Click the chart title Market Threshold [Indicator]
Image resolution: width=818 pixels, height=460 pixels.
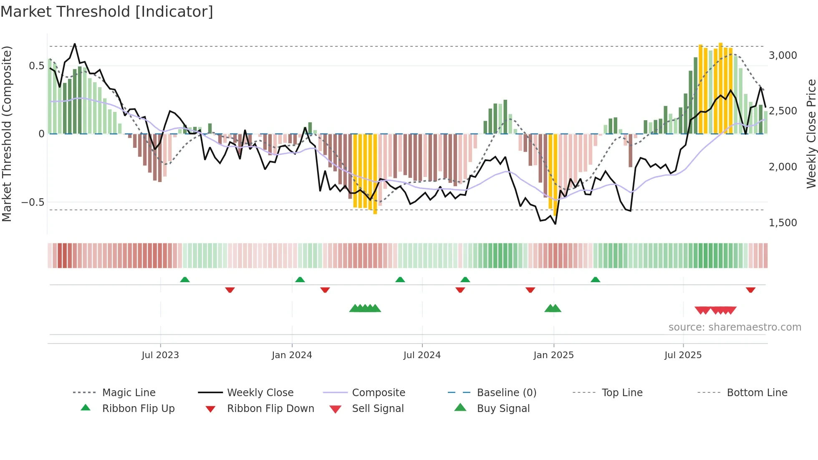point(107,12)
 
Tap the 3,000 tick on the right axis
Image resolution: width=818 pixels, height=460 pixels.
point(783,56)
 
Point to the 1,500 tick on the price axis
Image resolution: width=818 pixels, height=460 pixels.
point(783,222)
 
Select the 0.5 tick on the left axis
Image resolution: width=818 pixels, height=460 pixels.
point(36,66)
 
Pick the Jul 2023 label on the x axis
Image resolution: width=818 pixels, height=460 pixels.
point(160,355)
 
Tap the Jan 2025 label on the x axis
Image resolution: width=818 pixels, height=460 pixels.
point(553,355)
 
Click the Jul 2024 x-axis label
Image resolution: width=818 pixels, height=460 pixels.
point(422,355)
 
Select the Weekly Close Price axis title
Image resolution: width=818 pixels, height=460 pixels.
point(811,134)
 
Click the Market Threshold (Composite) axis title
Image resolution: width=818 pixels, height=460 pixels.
point(7,134)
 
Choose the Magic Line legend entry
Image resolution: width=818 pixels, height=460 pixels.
point(129,393)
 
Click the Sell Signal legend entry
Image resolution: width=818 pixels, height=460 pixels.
point(378,409)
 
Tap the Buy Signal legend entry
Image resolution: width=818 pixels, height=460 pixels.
point(503,409)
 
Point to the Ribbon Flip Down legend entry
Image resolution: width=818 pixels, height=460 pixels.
point(270,409)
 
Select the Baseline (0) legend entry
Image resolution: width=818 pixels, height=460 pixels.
point(506,393)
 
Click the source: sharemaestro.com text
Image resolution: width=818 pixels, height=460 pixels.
point(735,327)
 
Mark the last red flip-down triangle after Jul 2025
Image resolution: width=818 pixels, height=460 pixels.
point(750,290)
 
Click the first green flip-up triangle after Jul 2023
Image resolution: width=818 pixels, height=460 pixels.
point(185,279)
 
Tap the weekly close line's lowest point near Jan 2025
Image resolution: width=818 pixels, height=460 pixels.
point(555,224)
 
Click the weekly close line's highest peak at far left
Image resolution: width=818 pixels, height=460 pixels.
point(75,43)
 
